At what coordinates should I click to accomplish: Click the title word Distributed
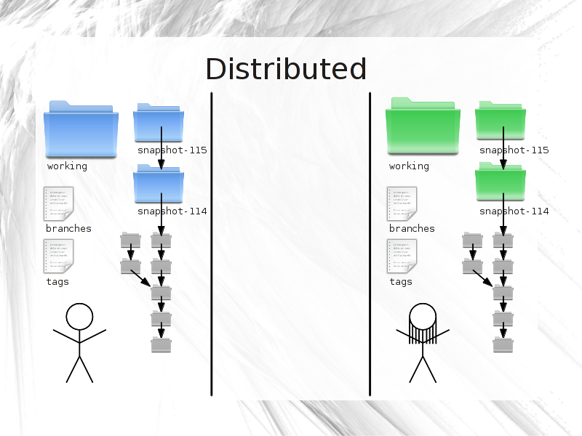point(286,69)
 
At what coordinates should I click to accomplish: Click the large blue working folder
point(81,129)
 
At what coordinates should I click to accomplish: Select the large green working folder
point(423,126)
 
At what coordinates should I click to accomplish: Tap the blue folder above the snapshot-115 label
point(159,122)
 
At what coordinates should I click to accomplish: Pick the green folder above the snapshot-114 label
point(501,181)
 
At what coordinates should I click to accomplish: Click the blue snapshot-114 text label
point(172,211)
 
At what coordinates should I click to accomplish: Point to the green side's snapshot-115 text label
point(514,150)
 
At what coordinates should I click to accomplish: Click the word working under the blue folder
point(67,166)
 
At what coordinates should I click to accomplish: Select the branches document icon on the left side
point(59,203)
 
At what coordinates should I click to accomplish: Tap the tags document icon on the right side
point(402,256)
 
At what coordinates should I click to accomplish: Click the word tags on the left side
point(57,282)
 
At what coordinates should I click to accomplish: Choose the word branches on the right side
point(412,228)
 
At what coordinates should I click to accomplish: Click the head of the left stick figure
point(79,317)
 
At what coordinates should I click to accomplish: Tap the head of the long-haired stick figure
point(423,317)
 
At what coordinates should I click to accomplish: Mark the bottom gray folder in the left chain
point(161,344)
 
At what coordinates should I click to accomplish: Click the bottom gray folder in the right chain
point(503,344)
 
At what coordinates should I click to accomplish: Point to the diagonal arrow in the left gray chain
point(140,278)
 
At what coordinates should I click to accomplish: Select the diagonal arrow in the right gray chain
point(482,278)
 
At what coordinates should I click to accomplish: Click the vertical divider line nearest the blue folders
point(212,244)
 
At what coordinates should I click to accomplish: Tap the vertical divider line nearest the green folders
point(370,244)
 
